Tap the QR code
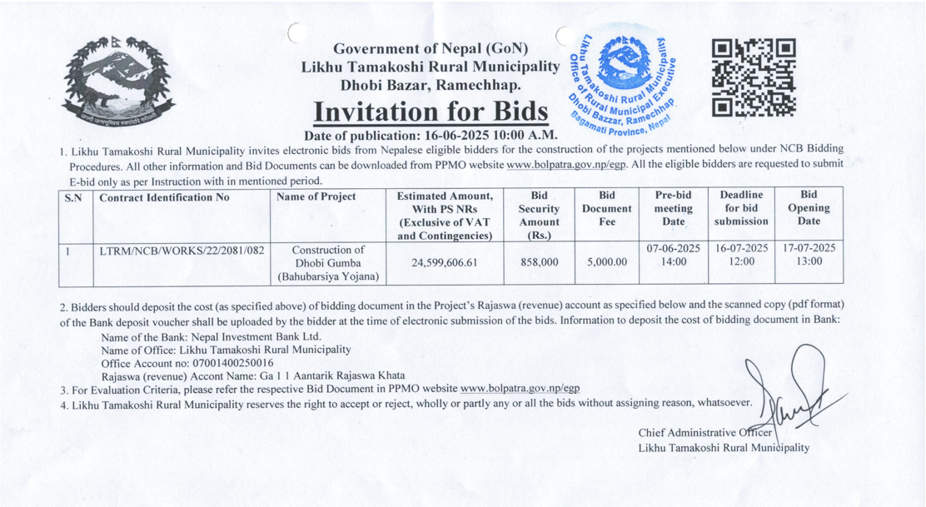754,77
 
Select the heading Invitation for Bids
431,111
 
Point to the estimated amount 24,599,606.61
444,262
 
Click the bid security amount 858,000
539,262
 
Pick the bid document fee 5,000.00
606,262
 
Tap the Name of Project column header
316,197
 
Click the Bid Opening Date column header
808,208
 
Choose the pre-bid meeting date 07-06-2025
673,249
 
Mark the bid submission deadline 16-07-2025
741,249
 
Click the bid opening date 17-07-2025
809,249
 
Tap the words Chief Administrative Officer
705,433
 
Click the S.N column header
73,198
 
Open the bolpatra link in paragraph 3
520,389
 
